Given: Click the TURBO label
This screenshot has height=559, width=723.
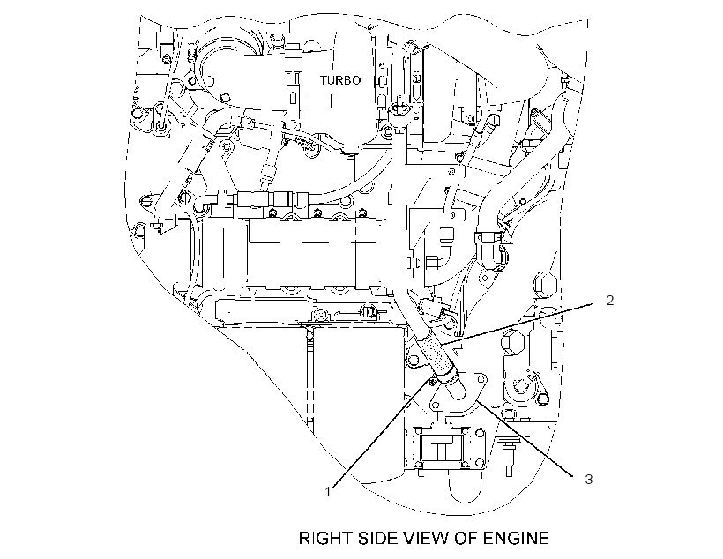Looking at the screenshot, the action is tap(340, 80).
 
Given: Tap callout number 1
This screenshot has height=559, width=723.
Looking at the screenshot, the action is tap(328, 492).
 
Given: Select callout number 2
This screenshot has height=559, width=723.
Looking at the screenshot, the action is tap(610, 301).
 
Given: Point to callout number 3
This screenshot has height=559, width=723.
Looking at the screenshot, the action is tap(589, 480).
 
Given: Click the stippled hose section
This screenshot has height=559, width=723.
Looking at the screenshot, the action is tap(436, 354).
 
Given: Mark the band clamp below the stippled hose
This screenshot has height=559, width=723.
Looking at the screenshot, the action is tap(446, 376).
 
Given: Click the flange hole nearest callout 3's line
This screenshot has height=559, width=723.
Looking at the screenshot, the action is tap(481, 378).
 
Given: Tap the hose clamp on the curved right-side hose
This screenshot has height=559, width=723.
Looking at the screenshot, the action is tap(488, 238).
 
